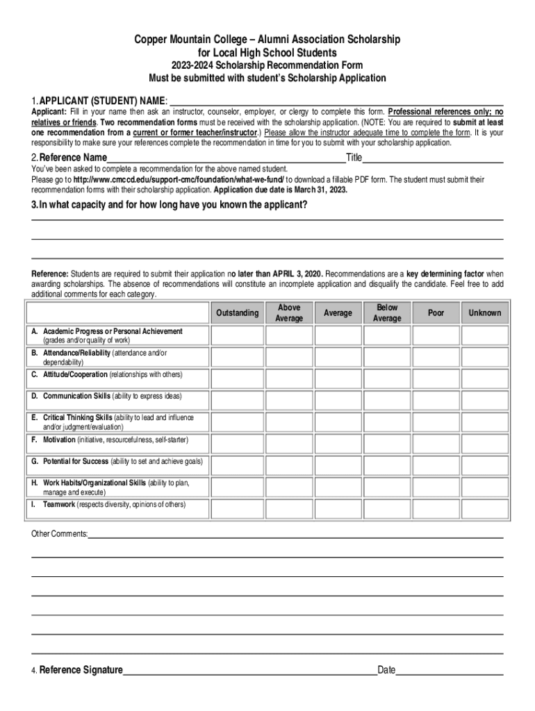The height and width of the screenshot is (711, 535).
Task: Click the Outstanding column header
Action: coord(237,313)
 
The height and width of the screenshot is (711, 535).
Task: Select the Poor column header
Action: coord(436,313)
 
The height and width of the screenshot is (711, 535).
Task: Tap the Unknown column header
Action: coord(484,313)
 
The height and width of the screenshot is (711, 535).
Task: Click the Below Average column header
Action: coord(387,313)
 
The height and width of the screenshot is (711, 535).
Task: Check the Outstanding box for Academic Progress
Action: coord(237,336)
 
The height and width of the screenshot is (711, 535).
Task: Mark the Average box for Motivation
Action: coord(338,440)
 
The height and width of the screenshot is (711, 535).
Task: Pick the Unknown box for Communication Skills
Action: coord(484,397)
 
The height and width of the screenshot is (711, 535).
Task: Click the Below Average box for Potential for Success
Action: coord(387,462)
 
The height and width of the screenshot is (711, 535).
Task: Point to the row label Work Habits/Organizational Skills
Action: coord(94,483)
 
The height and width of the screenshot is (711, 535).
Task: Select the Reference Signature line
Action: coord(249,670)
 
